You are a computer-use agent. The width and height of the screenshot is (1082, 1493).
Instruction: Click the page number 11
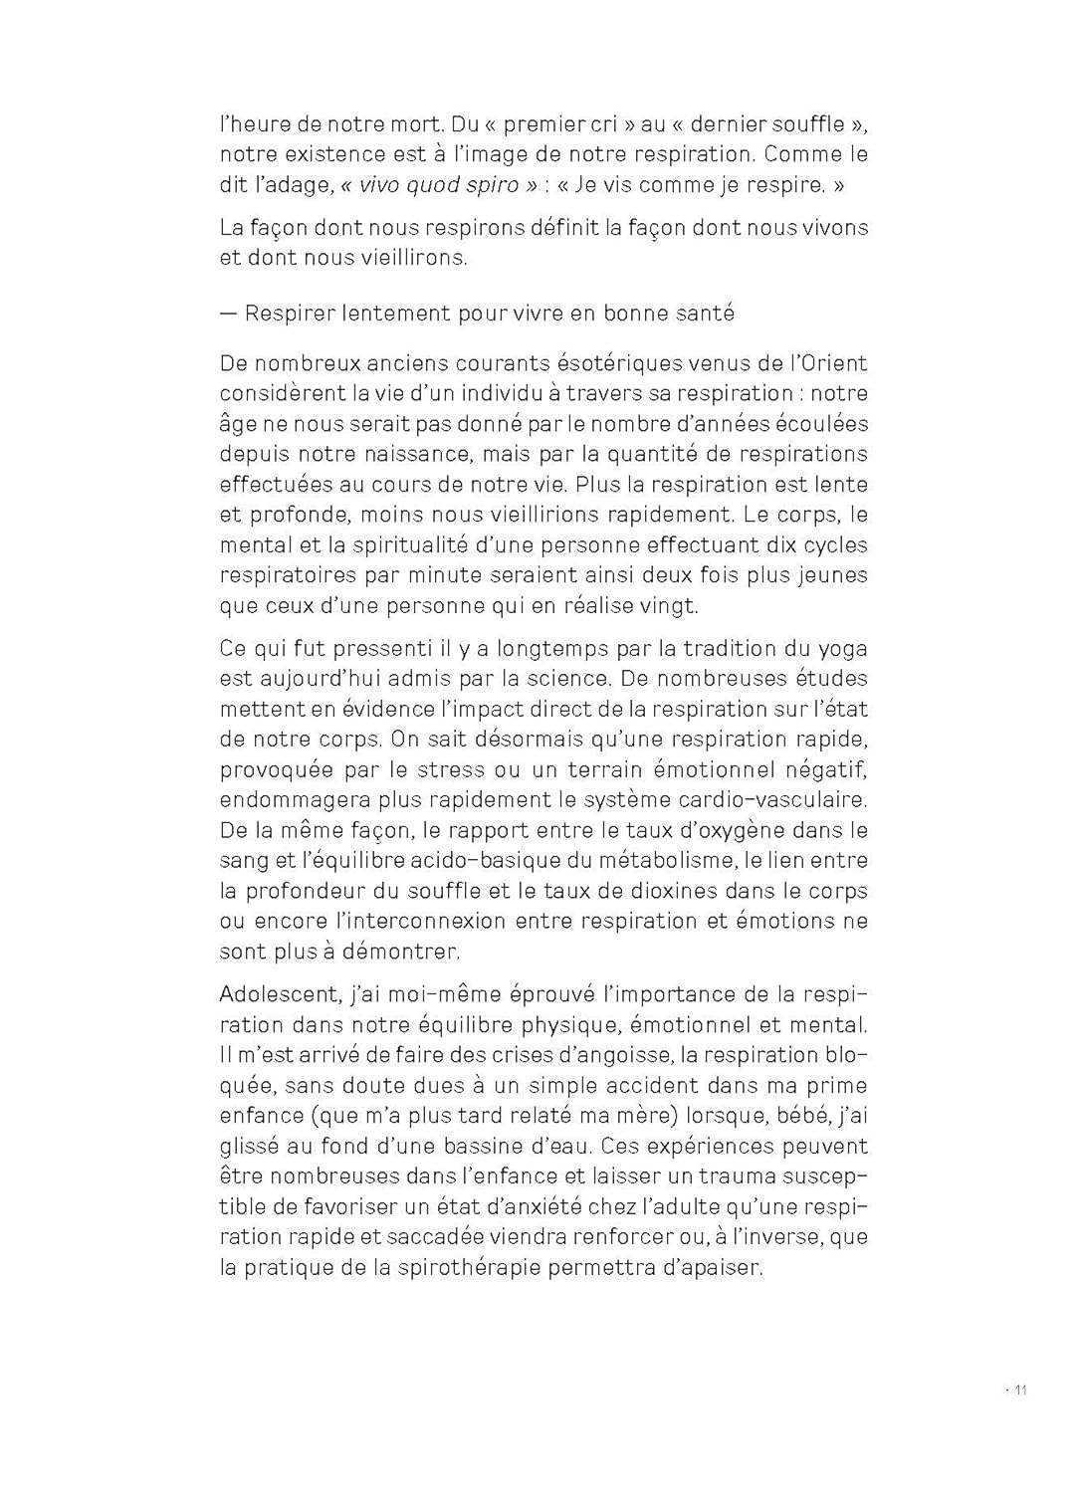coord(1020,1390)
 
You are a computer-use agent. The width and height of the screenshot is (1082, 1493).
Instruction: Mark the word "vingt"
coord(671,605)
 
